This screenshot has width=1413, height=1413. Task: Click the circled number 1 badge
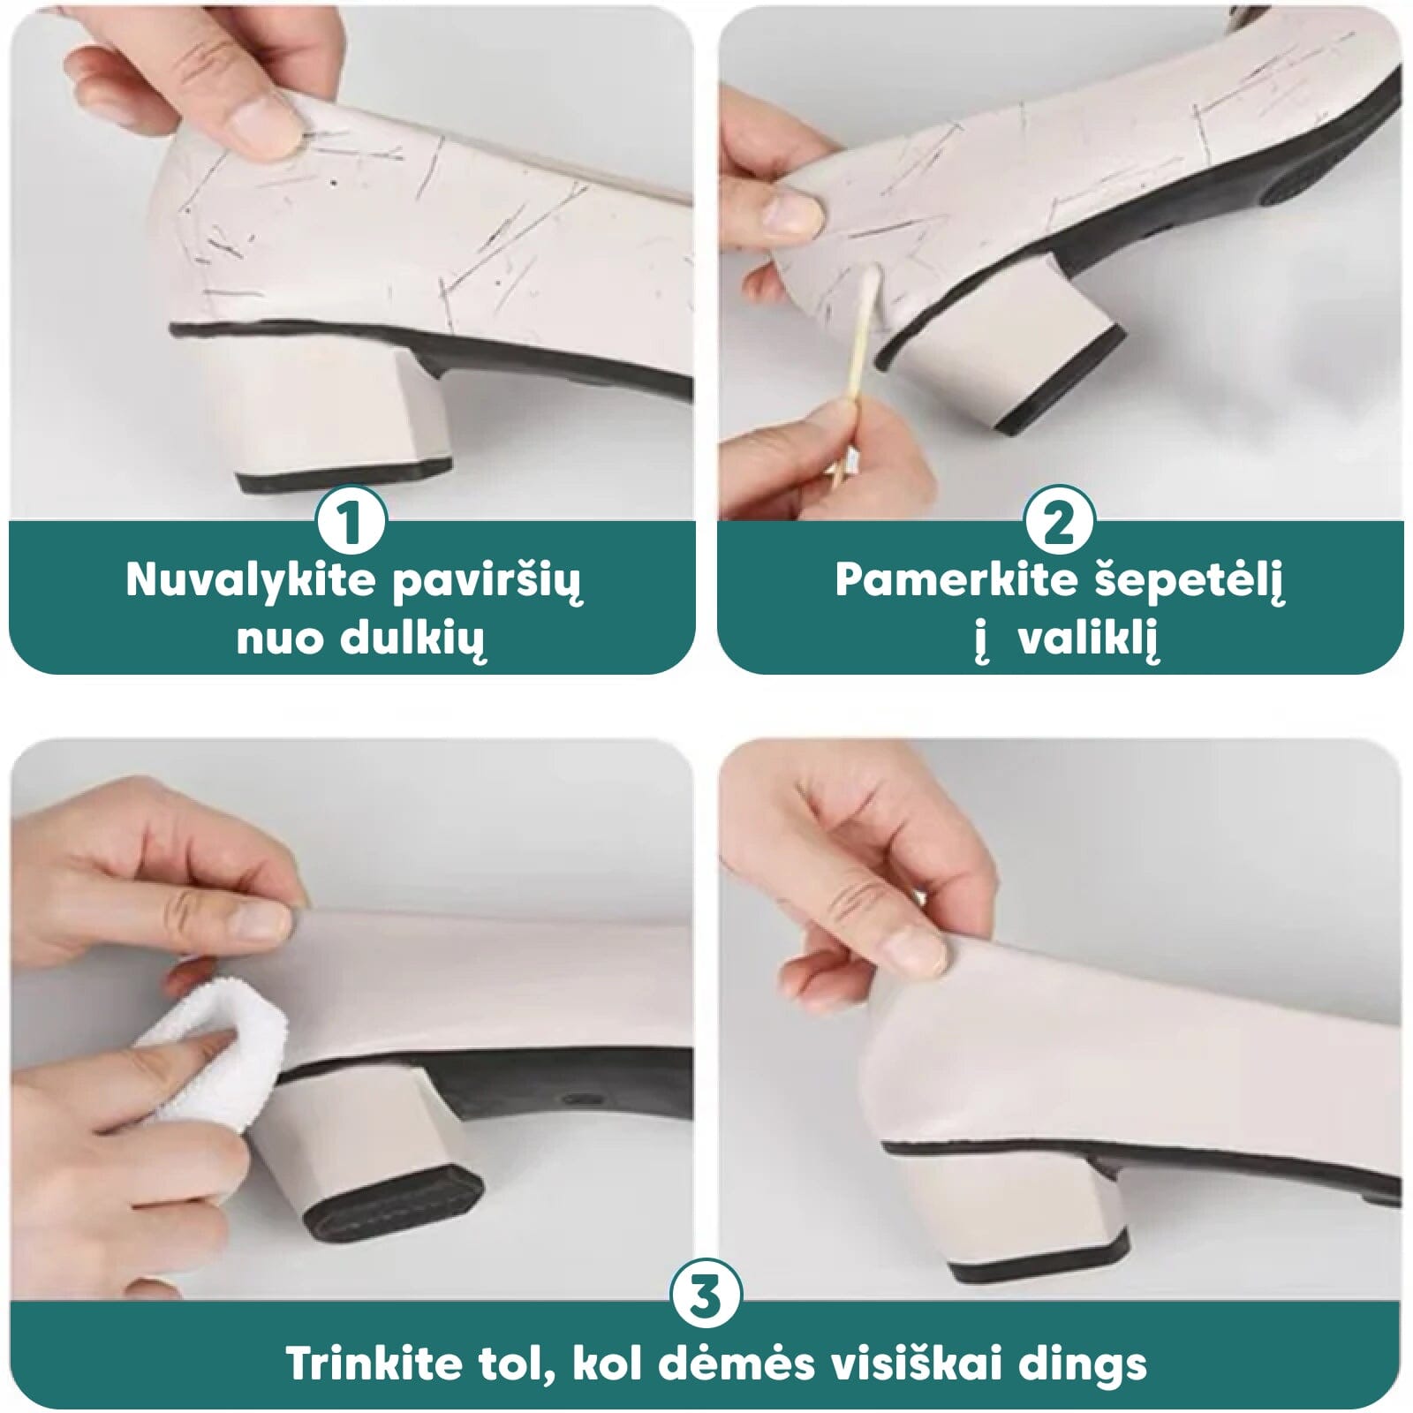(352, 522)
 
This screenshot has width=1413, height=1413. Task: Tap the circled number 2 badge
(1060, 522)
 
